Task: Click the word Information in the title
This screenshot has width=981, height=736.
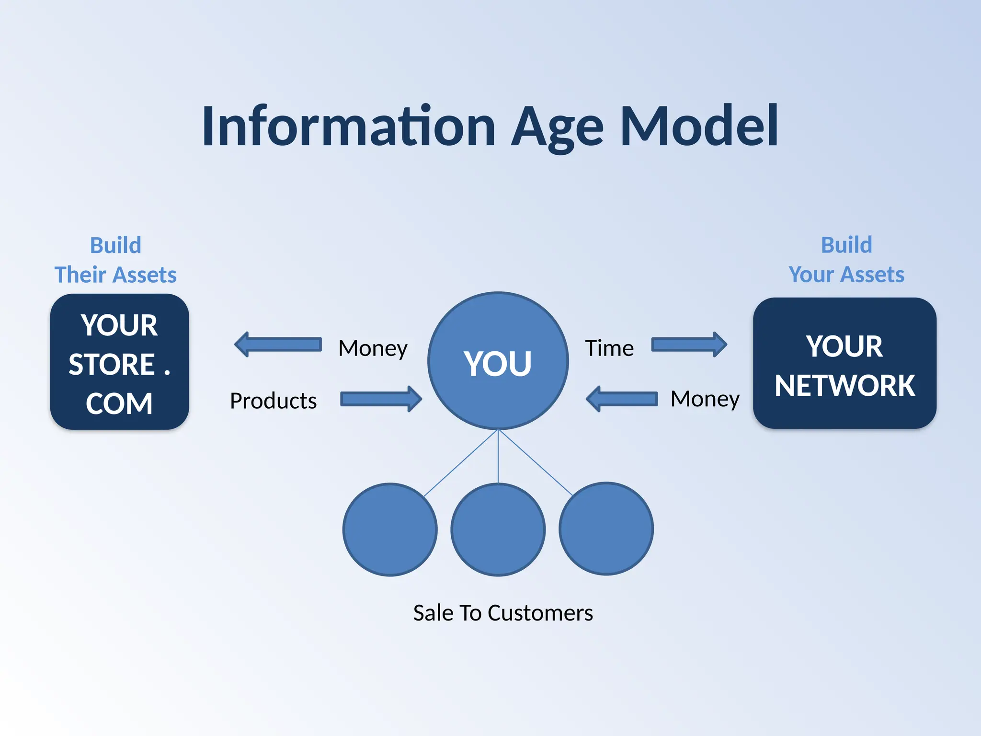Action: pos(348,126)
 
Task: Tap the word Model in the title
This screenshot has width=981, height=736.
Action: pos(699,126)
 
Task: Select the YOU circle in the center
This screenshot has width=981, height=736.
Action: pos(498,361)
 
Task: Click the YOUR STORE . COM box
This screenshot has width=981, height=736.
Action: pos(119,362)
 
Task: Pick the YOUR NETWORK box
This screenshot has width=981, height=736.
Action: pos(844,364)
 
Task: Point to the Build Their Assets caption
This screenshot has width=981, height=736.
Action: pos(115,260)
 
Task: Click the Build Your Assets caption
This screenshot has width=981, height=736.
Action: pos(846,260)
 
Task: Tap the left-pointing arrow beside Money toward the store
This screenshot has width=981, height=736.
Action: pos(278,345)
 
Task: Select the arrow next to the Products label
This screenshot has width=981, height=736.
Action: pos(381,399)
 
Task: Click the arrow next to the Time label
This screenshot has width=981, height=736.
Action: pos(689,345)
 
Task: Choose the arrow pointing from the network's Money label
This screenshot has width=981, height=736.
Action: pos(622,399)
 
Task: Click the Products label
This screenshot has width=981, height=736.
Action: pos(273,401)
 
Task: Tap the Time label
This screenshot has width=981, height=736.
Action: pos(609,348)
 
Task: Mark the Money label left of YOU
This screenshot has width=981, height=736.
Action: pos(373,348)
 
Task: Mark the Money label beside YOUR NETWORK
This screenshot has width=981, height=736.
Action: pos(705,399)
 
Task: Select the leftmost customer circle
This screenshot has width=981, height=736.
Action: pos(390,529)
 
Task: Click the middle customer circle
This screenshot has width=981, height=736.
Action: pos(498,529)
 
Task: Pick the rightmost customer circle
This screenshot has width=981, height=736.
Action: pos(606,529)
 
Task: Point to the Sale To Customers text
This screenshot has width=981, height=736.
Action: pos(503,613)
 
